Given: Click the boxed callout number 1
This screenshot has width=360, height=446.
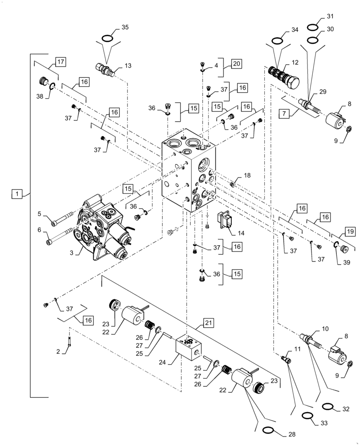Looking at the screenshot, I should [16, 194].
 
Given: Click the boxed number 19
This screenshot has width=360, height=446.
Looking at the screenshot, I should [349, 231].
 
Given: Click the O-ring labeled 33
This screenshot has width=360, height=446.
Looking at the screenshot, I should [306, 416].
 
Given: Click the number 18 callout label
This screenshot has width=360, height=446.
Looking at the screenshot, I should [246, 176].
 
